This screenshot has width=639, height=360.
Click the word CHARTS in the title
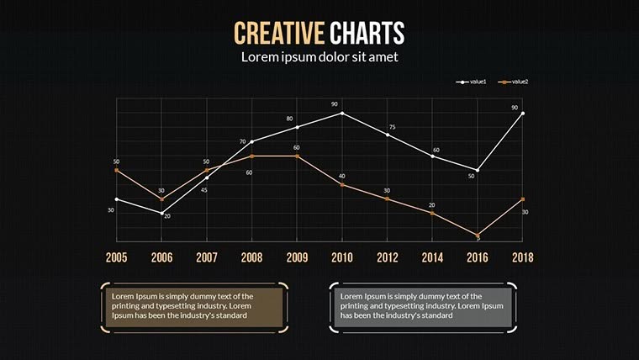pos(367,33)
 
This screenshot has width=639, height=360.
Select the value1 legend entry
pos(476,82)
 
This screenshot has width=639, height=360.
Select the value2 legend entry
pos(516,82)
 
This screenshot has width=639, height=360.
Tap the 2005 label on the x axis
pos(116,257)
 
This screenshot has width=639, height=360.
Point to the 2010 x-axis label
pos(341,257)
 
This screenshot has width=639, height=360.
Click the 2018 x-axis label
pos(522,257)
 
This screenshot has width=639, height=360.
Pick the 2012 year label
pos(387,257)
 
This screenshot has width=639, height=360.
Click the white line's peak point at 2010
pos(342,113)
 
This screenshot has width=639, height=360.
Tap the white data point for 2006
pos(161,214)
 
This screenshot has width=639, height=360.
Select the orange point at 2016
pos(478,236)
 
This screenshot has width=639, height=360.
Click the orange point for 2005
pos(116,170)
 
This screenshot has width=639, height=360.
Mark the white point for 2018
pos(523,113)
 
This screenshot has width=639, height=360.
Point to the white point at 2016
pos(478,170)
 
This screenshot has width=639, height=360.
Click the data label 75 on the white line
pos(392,127)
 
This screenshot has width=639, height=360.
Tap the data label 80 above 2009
pos(290,119)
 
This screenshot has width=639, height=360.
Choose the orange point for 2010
pos(342,184)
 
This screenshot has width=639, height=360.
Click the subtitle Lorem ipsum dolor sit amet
pos(319,57)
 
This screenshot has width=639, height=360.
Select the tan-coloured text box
pos(194,306)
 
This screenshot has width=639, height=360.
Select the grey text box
pos(422,306)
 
